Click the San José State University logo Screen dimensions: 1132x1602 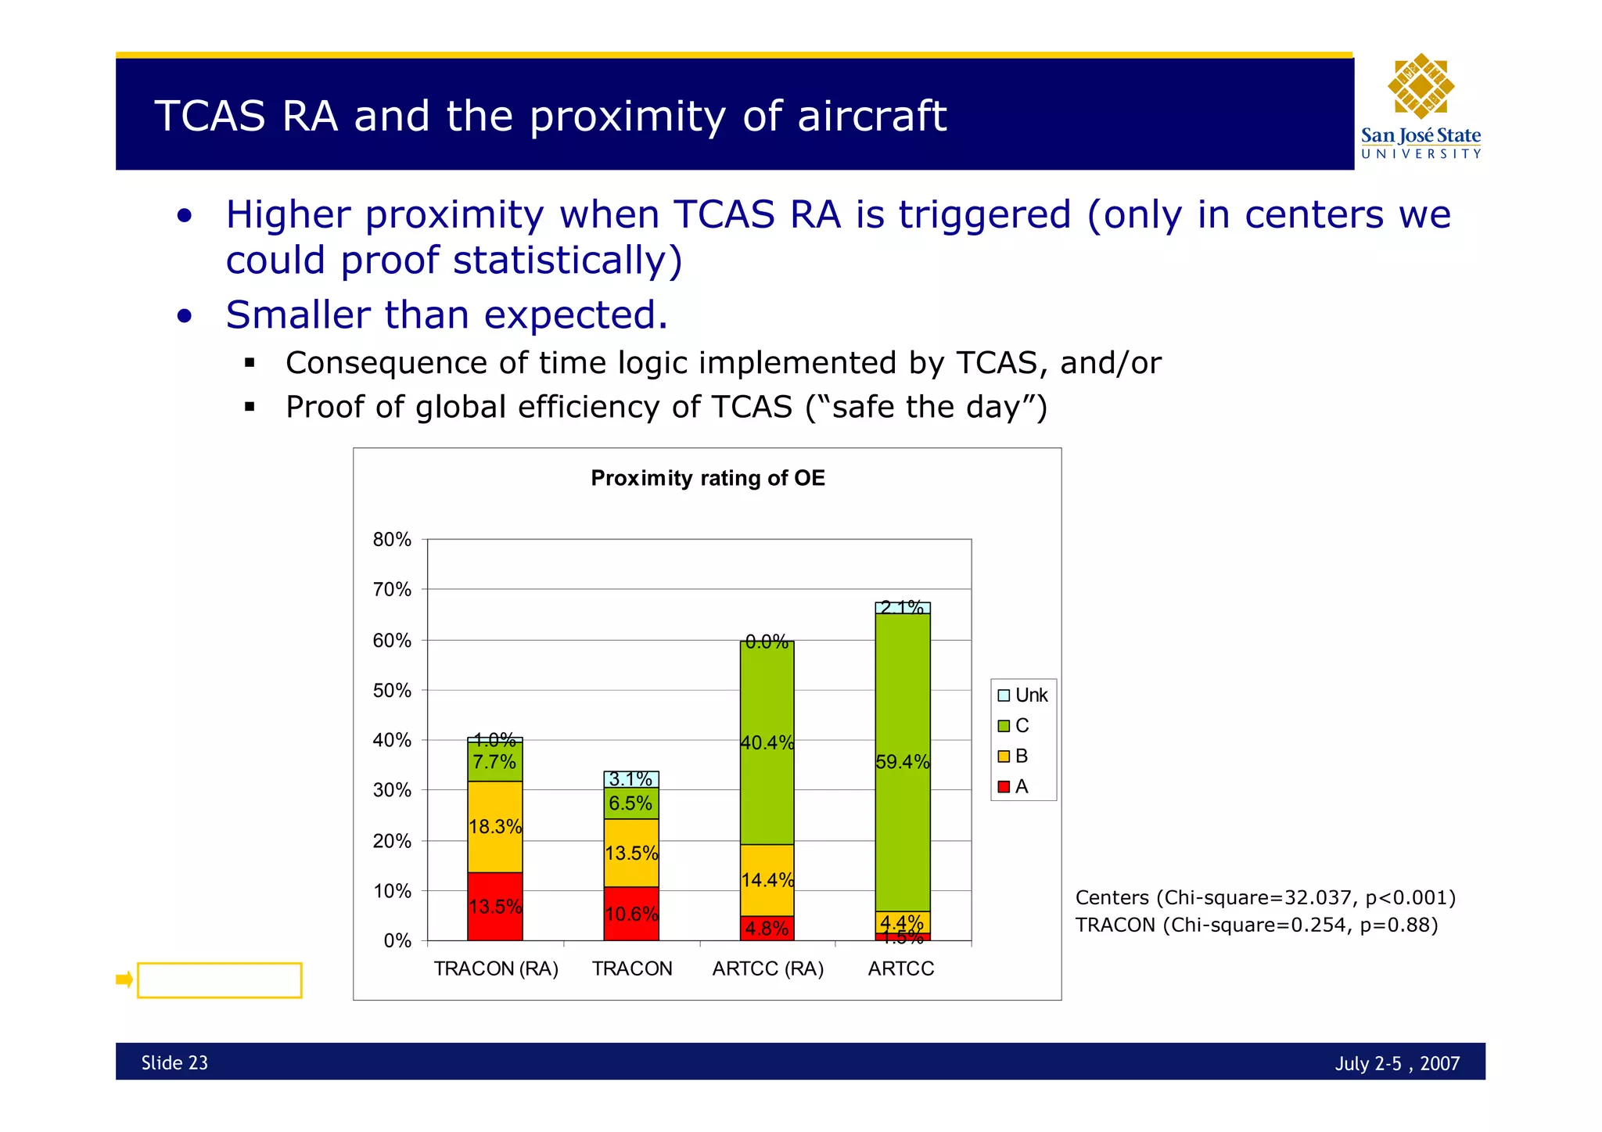[1421, 106]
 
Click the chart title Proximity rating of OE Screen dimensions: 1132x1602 [707, 478]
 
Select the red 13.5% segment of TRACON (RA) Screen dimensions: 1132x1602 [494, 907]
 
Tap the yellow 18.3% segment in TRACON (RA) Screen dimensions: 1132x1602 [494, 827]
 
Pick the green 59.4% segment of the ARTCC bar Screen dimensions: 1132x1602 [902, 762]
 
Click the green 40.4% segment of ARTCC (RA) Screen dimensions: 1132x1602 [767, 742]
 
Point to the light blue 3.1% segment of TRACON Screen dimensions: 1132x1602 [630, 779]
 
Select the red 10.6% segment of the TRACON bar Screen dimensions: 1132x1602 [630, 914]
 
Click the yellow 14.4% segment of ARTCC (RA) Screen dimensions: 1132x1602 [767, 880]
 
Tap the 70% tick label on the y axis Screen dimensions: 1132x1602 [392, 590]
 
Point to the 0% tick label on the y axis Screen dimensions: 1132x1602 [397, 941]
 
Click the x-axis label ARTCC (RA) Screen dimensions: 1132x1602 [767, 969]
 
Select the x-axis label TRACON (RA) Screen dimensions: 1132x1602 [496, 969]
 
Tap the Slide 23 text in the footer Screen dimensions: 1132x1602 [174, 1063]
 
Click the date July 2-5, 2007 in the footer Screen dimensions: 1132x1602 [1396, 1064]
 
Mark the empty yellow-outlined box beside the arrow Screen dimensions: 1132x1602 [219, 980]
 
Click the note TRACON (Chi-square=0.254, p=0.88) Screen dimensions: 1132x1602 [1255, 925]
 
